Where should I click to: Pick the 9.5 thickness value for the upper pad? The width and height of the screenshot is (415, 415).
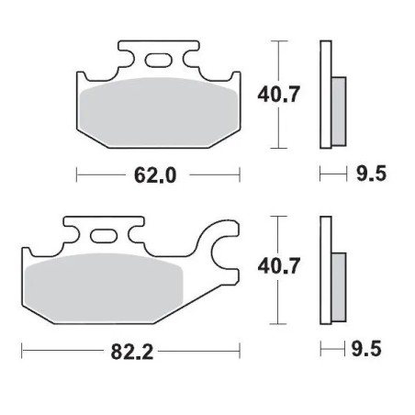point(365,173)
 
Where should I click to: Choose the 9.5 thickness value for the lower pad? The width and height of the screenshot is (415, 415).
point(365,348)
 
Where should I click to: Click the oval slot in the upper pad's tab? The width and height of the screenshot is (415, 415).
point(157,62)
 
